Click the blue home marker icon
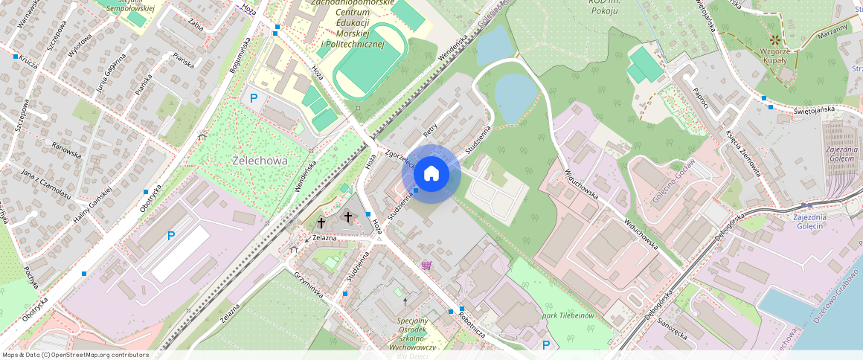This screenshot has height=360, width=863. [431, 174]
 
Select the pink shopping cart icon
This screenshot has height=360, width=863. [426, 265]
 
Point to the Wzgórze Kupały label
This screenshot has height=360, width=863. [776, 55]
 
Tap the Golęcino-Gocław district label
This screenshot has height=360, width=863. [674, 183]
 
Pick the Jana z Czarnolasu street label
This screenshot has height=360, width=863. [46, 184]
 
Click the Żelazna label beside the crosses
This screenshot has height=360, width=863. [325, 237]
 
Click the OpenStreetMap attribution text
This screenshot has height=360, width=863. [74, 355]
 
